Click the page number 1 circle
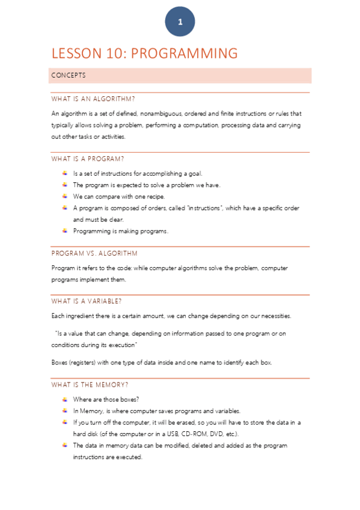pyautogui.click(x=180, y=22)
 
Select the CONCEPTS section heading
pyautogui.click(x=69, y=76)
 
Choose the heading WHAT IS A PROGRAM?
pyautogui.click(x=88, y=159)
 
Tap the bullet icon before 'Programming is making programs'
pyautogui.click(x=64, y=231)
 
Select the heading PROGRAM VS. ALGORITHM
pyautogui.click(x=94, y=253)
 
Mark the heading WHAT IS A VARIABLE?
pyautogui.click(x=90, y=301)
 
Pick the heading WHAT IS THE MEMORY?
pyautogui.click(x=90, y=384)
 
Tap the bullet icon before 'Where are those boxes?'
pyautogui.click(x=64, y=399)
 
